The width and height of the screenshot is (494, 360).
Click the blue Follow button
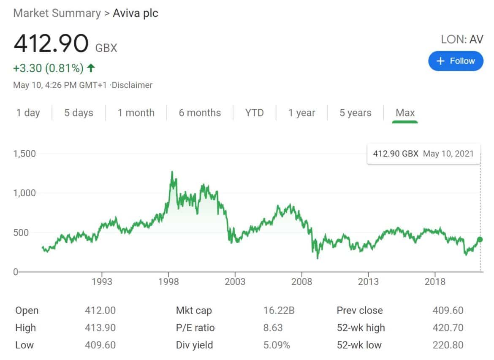tap(456, 61)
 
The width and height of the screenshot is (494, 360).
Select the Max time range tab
tap(405, 113)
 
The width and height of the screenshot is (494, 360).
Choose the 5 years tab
tap(356, 113)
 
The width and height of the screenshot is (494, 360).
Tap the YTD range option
tap(254, 113)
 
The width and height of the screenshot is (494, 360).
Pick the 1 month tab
tap(136, 113)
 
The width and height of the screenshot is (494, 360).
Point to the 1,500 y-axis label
tap(24, 154)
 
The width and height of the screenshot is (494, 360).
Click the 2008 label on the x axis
tap(301, 282)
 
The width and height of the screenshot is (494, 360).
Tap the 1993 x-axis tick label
tap(102, 282)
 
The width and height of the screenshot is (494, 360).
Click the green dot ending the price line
tap(480, 240)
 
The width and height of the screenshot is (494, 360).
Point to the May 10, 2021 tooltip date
tap(448, 154)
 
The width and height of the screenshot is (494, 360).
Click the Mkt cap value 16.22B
tap(279, 311)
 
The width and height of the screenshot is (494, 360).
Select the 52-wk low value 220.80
tap(448, 345)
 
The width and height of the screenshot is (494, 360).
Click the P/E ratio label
tap(195, 328)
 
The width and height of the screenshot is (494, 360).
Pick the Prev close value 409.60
tap(448, 311)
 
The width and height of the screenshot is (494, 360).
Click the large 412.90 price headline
tap(51, 44)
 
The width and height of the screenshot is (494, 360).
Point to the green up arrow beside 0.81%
tap(91, 68)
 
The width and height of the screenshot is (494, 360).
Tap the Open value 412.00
tap(100, 311)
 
